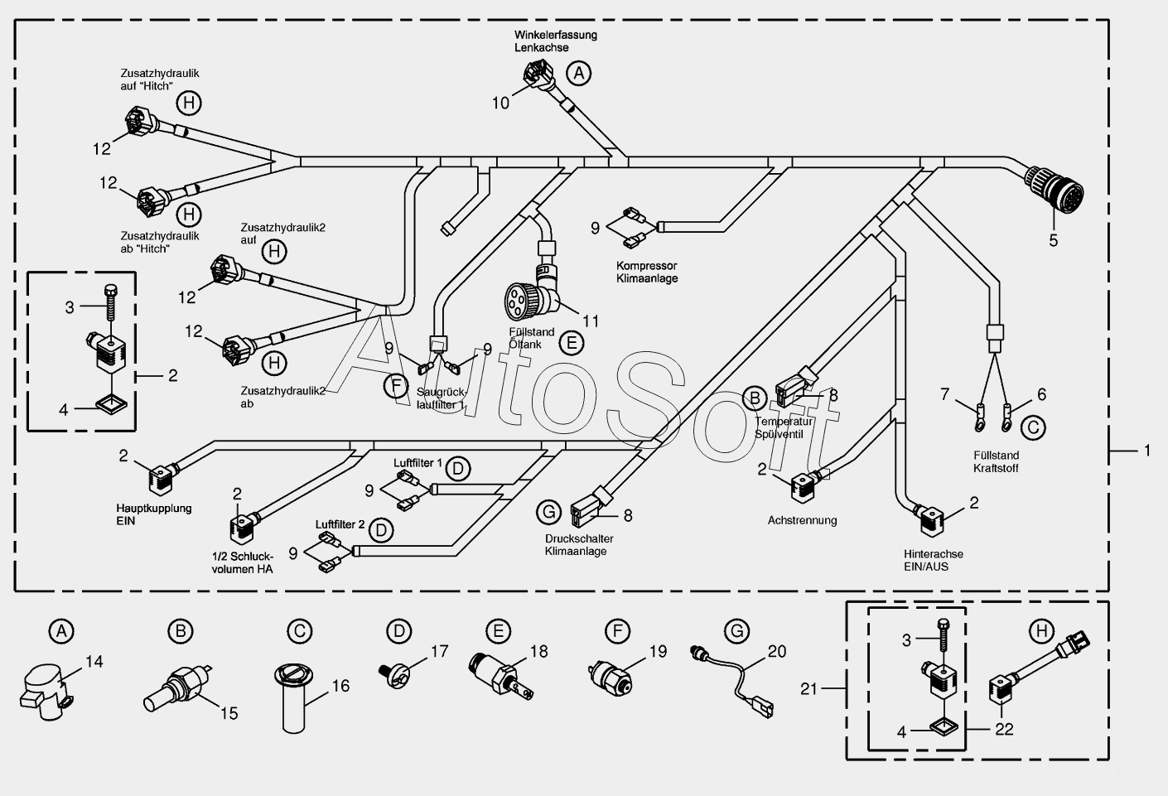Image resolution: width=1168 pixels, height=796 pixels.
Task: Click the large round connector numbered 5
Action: (1054, 189)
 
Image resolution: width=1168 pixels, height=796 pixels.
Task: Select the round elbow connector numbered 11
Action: (532, 295)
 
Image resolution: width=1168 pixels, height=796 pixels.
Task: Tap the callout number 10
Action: (500, 104)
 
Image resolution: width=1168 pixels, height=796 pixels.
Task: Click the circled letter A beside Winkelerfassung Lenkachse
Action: (579, 74)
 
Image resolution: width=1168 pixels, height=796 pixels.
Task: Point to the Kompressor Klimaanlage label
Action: (647, 273)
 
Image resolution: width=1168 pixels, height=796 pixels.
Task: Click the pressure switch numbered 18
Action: (500, 676)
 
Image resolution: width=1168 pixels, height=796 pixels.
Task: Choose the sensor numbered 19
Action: (610, 678)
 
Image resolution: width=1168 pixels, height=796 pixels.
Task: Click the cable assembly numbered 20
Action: (731, 682)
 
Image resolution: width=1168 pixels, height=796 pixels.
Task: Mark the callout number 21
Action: (808, 688)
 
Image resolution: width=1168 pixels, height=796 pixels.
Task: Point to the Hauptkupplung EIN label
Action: (154, 514)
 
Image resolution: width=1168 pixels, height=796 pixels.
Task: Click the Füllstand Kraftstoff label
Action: (996, 462)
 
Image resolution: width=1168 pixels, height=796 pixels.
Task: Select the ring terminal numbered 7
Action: (979, 420)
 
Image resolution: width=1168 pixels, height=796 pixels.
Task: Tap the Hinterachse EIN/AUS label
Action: (934, 561)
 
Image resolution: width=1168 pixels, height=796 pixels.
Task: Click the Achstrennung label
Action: (802, 520)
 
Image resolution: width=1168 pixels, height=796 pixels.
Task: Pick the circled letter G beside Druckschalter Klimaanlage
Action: (549, 513)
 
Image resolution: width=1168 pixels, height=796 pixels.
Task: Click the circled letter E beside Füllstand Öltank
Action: (572, 343)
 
